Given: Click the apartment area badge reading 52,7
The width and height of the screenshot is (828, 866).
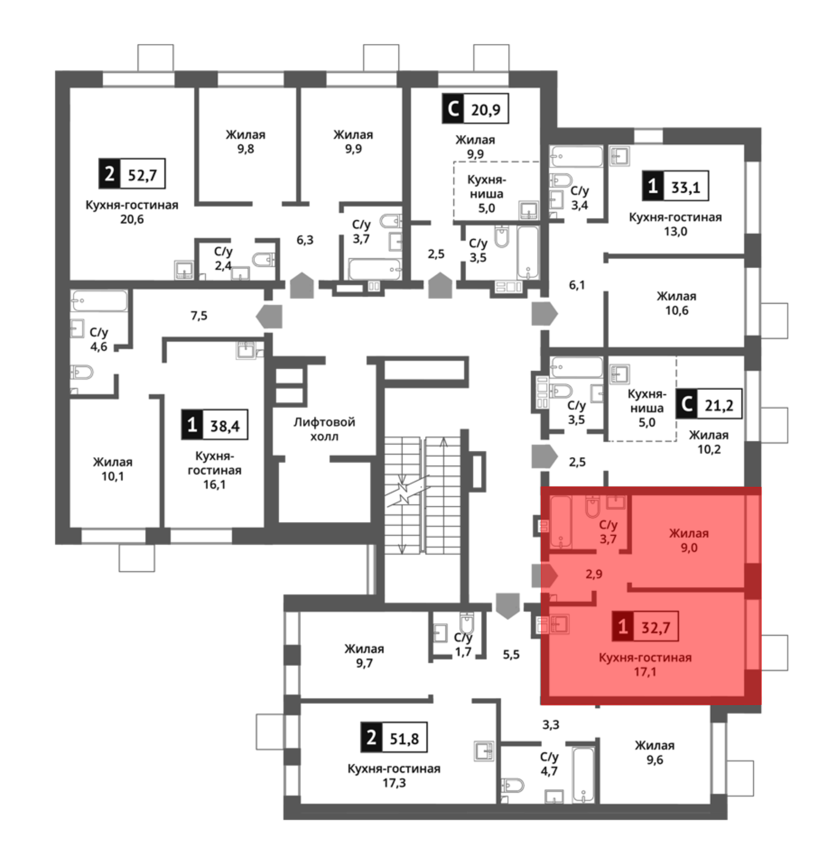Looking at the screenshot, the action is tap(132, 173).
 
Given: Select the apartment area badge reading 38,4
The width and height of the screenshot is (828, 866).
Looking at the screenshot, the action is tap(214, 425).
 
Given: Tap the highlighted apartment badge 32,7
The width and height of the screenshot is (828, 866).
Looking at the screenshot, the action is tap(645, 626).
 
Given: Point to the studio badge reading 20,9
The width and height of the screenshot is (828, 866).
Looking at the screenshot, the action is tap(475, 108).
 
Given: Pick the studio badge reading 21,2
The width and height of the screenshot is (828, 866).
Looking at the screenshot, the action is tap(709, 404).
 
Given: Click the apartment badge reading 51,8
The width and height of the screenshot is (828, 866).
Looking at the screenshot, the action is tap(394, 737).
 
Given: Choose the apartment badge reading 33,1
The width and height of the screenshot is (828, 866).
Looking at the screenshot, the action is tap(676, 186).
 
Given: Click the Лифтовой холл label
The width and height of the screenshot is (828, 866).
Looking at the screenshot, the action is tap(325, 429).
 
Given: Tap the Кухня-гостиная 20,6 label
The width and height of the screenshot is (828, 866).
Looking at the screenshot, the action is tap(132, 212).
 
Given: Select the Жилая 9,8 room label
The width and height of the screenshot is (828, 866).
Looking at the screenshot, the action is tap(246, 142).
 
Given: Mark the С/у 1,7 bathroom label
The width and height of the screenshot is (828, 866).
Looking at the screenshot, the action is tap(463, 645).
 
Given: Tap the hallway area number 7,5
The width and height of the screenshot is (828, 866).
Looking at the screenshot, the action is tap(199, 315).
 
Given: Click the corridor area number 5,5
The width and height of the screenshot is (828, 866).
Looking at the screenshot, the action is tap(511, 654).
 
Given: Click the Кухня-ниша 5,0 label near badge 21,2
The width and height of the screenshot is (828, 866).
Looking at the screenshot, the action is tap(647, 408).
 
